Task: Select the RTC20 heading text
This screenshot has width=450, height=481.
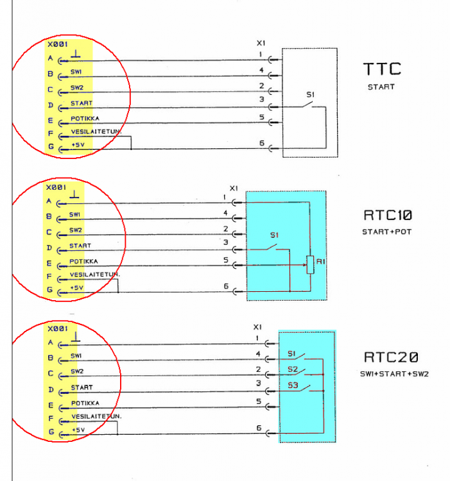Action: click(392, 357)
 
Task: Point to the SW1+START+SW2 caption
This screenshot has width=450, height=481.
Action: click(392, 373)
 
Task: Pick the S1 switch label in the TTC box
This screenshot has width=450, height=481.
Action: click(310, 95)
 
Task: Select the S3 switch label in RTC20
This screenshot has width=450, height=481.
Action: click(292, 385)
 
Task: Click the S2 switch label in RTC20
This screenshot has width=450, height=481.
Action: click(292, 369)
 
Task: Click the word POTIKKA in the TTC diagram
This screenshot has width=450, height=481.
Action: click(84, 118)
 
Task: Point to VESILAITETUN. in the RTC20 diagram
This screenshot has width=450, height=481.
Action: click(96, 416)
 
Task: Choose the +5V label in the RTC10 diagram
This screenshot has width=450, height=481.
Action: click(77, 287)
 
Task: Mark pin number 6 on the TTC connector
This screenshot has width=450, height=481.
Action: click(262, 144)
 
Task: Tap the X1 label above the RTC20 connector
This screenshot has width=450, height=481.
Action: click(258, 326)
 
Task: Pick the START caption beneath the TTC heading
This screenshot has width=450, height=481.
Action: click(381, 87)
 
